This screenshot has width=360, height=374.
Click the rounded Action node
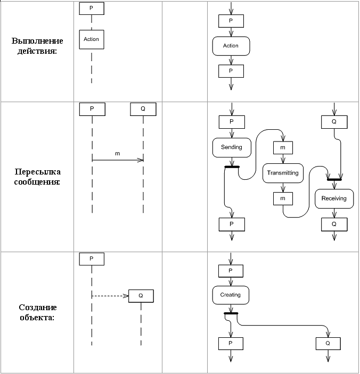pos(231,46)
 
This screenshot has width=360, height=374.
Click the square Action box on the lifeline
pos(91,39)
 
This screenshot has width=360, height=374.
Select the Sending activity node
pos(231,147)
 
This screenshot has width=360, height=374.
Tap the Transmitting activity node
pos(283,173)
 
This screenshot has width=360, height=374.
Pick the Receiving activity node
pos(334,198)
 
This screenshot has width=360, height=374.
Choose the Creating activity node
pos(230,295)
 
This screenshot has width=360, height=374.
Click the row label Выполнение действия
pos(37,46)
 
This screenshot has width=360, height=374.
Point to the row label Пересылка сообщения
pos(37,177)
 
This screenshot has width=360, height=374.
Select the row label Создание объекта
pos(37,312)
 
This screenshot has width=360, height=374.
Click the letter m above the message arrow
pos(118,153)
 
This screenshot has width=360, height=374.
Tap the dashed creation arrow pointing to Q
pos(110,296)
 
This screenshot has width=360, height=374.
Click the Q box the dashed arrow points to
pos(141,296)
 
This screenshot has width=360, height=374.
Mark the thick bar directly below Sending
pos(232,167)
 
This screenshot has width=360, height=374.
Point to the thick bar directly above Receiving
pos(334,179)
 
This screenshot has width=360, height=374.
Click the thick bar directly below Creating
pos(231,314)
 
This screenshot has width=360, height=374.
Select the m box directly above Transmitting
pos(283,147)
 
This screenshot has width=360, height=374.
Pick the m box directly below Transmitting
pos(283,198)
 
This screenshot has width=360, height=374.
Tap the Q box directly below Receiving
pos(334,224)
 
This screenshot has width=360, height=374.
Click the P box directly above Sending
pos(232,122)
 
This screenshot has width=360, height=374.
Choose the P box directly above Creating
pos(231,271)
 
